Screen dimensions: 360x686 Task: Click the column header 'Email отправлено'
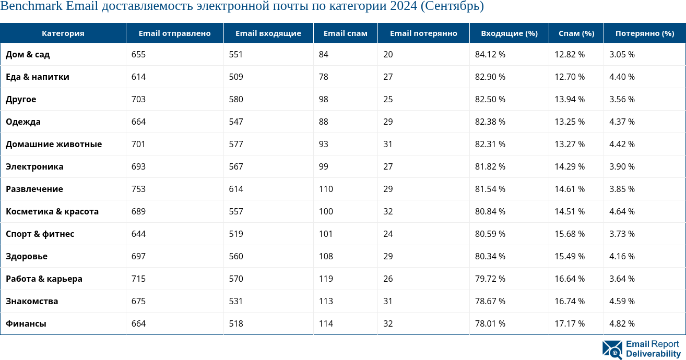point(174,33)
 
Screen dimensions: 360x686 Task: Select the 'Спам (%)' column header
point(576,33)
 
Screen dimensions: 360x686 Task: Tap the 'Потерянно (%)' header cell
point(645,33)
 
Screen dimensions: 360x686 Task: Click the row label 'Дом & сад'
point(28,54)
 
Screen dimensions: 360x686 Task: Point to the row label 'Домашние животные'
point(54,144)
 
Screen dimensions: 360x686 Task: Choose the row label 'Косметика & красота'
point(52,211)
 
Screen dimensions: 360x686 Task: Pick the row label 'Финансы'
point(26,323)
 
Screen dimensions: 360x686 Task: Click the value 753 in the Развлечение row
point(138,189)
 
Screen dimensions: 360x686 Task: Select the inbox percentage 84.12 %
point(490,54)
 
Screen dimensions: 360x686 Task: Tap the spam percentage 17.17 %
point(570,323)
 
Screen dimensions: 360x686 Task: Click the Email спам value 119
point(326,279)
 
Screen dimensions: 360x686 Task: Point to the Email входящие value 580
point(236,99)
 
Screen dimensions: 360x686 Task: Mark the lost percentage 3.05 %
point(622,54)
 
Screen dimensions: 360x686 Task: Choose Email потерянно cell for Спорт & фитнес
point(388,234)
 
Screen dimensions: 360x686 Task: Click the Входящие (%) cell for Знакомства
point(490,301)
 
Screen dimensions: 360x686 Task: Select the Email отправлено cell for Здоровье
point(138,256)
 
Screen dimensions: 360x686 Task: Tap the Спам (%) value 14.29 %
point(570,166)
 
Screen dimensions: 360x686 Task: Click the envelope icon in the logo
point(612,350)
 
